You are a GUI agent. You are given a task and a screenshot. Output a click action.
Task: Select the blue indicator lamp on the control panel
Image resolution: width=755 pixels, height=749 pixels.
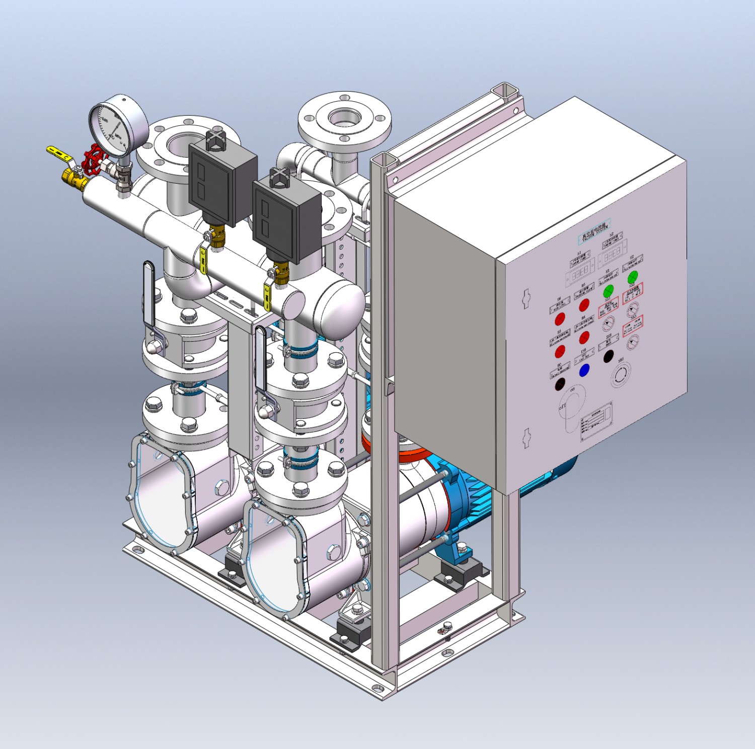coord(584,370)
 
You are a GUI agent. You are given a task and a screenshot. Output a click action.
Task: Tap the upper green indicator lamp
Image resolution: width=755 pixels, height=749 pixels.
coord(633,277)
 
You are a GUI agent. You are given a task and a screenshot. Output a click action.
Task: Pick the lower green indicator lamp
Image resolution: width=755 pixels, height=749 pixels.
coord(609,291)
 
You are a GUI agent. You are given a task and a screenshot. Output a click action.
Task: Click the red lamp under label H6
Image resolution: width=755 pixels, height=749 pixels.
coord(560,319)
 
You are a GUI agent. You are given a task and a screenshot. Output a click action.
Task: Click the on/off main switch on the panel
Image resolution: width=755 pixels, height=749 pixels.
coord(574,400)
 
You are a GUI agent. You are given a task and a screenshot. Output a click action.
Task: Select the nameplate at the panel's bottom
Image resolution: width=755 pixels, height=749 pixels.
coord(597,421)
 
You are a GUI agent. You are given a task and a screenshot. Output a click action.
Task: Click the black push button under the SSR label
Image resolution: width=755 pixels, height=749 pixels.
coord(609,356)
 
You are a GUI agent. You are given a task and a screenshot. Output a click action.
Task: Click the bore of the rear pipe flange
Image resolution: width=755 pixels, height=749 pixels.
coord(344,117)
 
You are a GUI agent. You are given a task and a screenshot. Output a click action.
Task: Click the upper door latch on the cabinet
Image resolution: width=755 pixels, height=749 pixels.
coord(526,298)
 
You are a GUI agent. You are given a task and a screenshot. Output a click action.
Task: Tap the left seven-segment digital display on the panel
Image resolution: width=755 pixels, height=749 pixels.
coord(579,272)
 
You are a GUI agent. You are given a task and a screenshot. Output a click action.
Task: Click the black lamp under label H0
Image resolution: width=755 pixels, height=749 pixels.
coord(560,385)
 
